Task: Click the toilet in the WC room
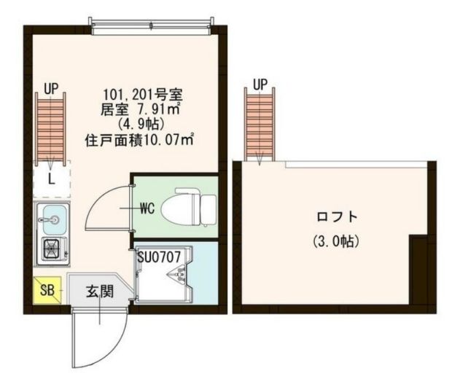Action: [182, 208]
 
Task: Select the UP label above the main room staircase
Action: [50, 89]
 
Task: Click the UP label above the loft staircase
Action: [260, 85]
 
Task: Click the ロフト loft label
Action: [337, 216]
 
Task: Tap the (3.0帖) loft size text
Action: [337, 241]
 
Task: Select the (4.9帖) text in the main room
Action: [146, 124]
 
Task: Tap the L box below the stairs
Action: [51, 178]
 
